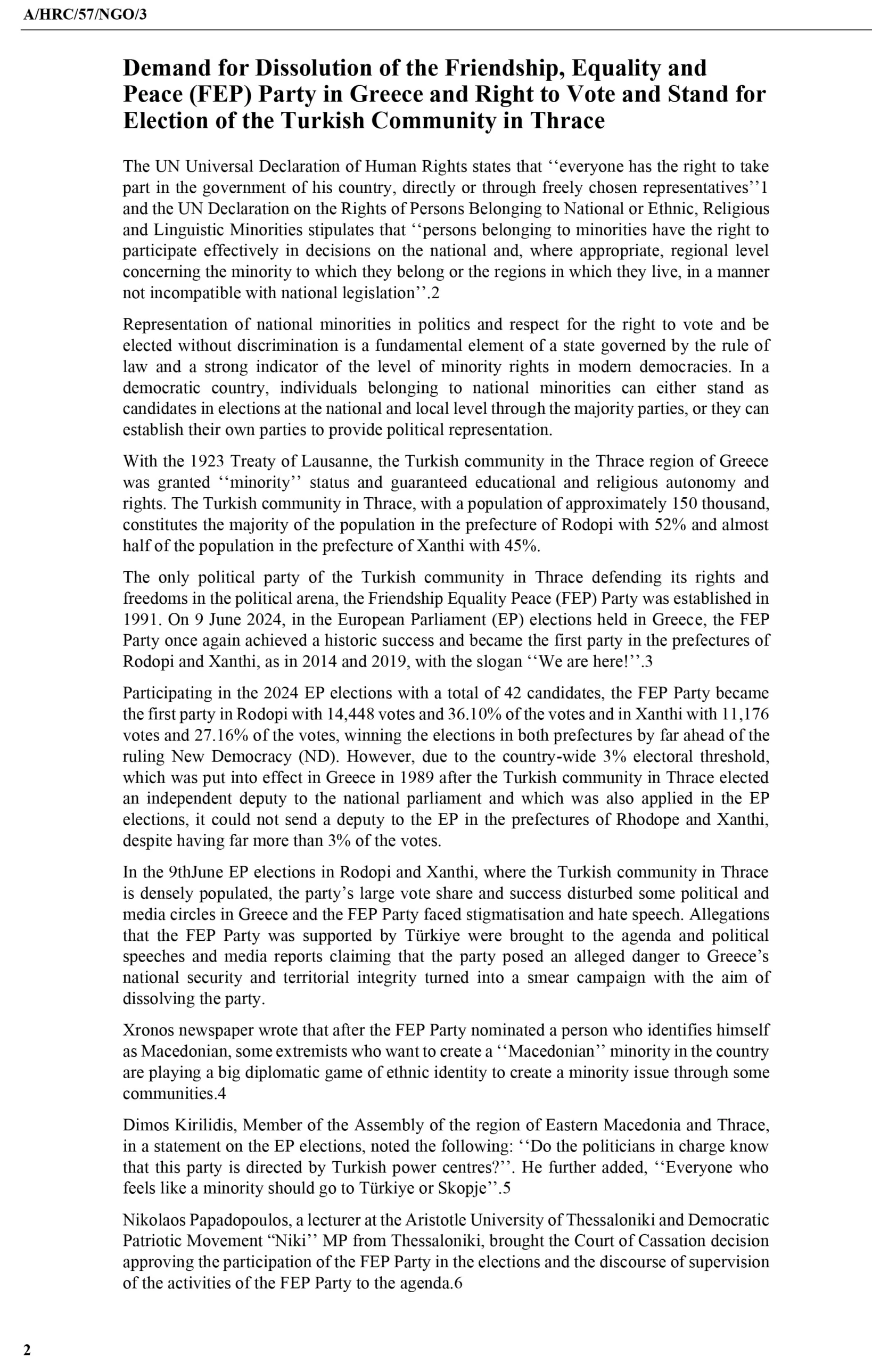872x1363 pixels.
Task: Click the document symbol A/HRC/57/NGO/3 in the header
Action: (x=85, y=14)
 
